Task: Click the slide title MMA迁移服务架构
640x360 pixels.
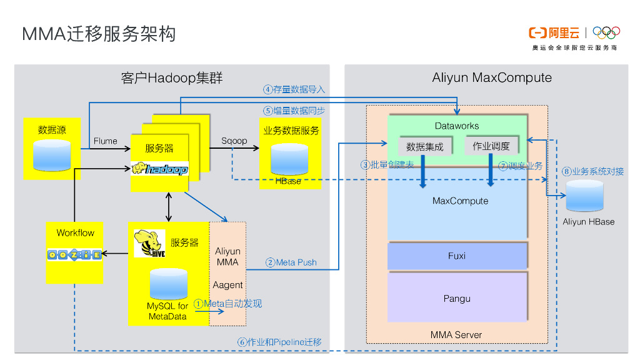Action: pyautogui.click(x=99, y=34)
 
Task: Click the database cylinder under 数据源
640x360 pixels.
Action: pyautogui.click(x=52, y=156)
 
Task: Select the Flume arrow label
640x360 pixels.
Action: pyautogui.click(x=105, y=141)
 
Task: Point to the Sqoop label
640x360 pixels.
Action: pyautogui.click(x=234, y=141)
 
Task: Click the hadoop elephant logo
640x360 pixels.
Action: pyautogui.click(x=159, y=169)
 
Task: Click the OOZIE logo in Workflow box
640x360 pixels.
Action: pyautogui.click(x=74, y=254)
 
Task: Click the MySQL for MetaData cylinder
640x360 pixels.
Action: pyautogui.click(x=168, y=284)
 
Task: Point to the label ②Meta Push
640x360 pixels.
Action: pyautogui.click(x=291, y=262)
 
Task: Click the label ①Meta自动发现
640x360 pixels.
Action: pyautogui.click(x=228, y=304)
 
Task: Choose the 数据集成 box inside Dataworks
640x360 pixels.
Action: pyautogui.click(x=424, y=147)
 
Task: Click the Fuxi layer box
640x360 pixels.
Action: pyautogui.click(x=457, y=256)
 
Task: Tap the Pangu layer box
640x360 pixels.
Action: pyautogui.click(x=457, y=298)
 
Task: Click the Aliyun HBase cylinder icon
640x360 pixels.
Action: pyautogui.click(x=584, y=196)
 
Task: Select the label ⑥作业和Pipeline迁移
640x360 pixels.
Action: pyautogui.click(x=279, y=342)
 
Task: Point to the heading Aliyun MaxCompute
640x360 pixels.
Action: pyautogui.click(x=492, y=78)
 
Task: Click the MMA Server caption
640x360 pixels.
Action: pyautogui.click(x=456, y=335)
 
